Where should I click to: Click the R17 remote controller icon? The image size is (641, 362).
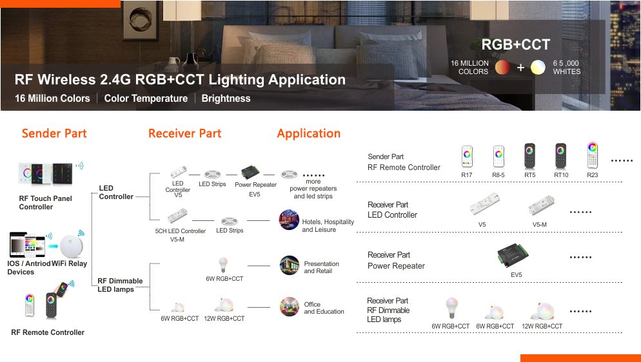pos(467,157)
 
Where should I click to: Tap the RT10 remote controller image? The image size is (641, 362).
pos(560,156)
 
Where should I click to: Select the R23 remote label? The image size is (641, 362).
pos(593,175)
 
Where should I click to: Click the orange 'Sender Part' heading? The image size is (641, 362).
pos(54,133)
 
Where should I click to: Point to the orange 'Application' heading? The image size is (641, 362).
pos(308,133)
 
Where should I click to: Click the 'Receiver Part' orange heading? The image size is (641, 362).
pos(184,133)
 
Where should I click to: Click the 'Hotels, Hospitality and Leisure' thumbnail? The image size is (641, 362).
pos(289,220)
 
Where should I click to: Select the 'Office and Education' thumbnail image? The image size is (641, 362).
pos(289,307)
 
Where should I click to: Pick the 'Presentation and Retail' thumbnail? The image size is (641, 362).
pos(289,265)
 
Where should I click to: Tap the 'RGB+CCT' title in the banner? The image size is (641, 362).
pos(516,45)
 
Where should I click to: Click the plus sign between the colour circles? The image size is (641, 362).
pos(520,68)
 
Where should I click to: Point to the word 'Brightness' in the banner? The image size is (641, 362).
pos(226,99)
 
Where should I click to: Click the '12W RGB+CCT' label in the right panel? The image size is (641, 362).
pos(542,327)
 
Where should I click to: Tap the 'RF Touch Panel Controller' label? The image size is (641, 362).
pos(45,203)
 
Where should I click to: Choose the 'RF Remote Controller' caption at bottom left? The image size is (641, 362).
pos(48,332)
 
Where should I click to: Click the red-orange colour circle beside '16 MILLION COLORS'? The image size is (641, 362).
pos(502,68)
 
